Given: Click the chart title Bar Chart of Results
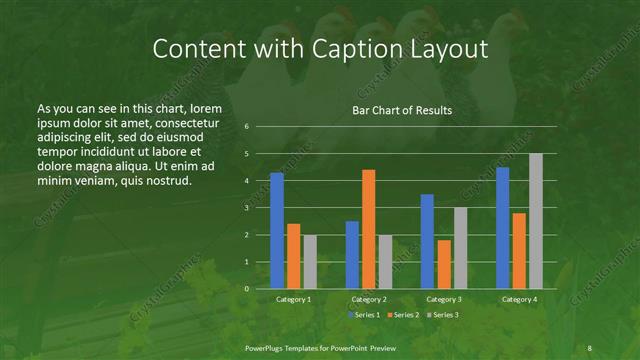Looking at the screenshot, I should pyautogui.click(x=402, y=110).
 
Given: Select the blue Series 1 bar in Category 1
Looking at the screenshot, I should pyautogui.click(x=277, y=231).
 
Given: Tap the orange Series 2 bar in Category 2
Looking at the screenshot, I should pyautogui.click(x=369, y=229).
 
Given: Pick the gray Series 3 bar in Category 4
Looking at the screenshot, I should pyautogui.click(x=536, y=221).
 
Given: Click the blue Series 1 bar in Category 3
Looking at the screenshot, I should pyautogui.click(x=427, y=241).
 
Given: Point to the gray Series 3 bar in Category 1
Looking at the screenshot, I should pyautogui.click(x=310, y=261).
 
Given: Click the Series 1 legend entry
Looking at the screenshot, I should pyautogui.click(x=364, y=315).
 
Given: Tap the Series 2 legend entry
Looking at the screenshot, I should pyautogui.click(x=402, y=315).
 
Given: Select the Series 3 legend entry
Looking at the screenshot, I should pyautogui.click(x=441, y=315).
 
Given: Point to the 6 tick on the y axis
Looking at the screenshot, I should pyautogui.click(x=246, y=127).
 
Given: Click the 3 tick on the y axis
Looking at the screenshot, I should pyautogui.click(x=246, y=208).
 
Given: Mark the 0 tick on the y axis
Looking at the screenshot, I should pyautogui.click(x=246, y=289).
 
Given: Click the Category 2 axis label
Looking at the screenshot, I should pyautogui.click(x=369, y=299).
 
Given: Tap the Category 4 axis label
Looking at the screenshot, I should pyautogui.click(x=519, y=299).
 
